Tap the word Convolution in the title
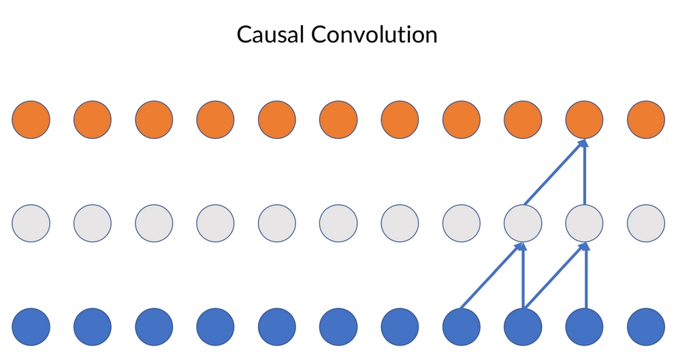pos(374,34)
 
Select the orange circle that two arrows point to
pos(584,120)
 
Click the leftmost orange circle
pos(31,120)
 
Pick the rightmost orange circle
pos(645,120)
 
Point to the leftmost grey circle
pos(31,223)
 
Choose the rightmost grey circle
pos(645,223)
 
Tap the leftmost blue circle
pos(31,327)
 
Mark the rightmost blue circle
pos(645,327)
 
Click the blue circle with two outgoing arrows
pos(523,327)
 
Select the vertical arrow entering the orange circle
pos(585,172)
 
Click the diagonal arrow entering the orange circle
pos(554,172)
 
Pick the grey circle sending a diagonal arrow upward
pos(523,223)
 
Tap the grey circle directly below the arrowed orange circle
pos(584,223)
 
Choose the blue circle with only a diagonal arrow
pos(462,327)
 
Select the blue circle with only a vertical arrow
pos(584,327)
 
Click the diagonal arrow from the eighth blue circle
pos(492,276)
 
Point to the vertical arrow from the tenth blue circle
pos(585,276)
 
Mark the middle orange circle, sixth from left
pos(338,120)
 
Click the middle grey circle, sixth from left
pos(338,223)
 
